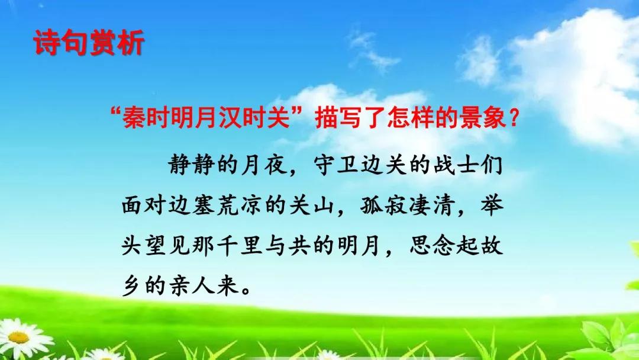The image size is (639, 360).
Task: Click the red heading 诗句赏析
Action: click(x=89, y=43)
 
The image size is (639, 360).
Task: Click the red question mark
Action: click(x=514, y=118)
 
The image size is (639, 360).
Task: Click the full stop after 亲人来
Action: click(x=246, y=290)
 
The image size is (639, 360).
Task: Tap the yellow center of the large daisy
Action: click(x=18, y=337)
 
